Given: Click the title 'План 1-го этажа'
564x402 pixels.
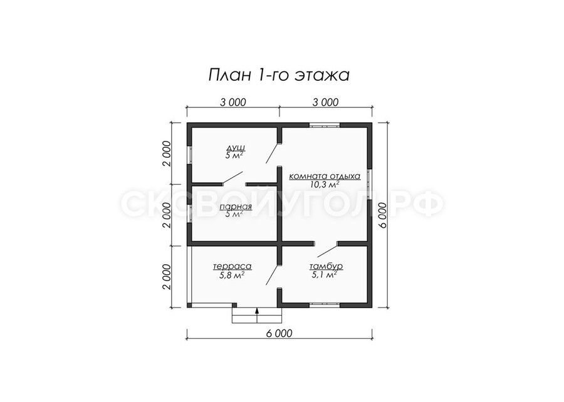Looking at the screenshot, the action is pyautogui.click(x=279, y=75).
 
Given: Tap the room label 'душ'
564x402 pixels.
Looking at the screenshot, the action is pyautogui.click(x=236, y=148).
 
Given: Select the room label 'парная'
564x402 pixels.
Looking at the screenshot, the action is pyautogui.click(x=235, y=207).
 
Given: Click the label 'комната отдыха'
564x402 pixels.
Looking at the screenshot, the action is pyautogui.click(x=325, y=177).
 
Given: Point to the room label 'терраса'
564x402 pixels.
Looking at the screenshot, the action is pyautogui.click(x=232, y=267).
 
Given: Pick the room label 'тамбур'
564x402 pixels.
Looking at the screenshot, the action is pyautogui.click(x=326, y=266).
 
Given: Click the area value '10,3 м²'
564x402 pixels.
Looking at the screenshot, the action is pyautogui.click(x=325, y=185).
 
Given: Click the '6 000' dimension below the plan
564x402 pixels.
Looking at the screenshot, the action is pyautogui.click(x=279, y=333).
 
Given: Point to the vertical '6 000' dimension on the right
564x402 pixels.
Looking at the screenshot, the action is pyautogui.click(x=383, y=215).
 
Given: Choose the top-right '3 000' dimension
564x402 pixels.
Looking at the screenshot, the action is pyautogui.click(x=325, y=103).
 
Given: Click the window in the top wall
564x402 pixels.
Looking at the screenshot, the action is pyautogui.click(x=325, y=125).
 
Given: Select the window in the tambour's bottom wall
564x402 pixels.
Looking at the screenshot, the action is pyautogui.click(x=325, y=305).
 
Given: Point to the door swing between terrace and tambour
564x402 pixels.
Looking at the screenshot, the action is pyautogui.click(x=273, y=275).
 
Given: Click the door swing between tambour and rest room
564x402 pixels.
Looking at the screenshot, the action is pyautogui.click(x=328, y=250).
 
